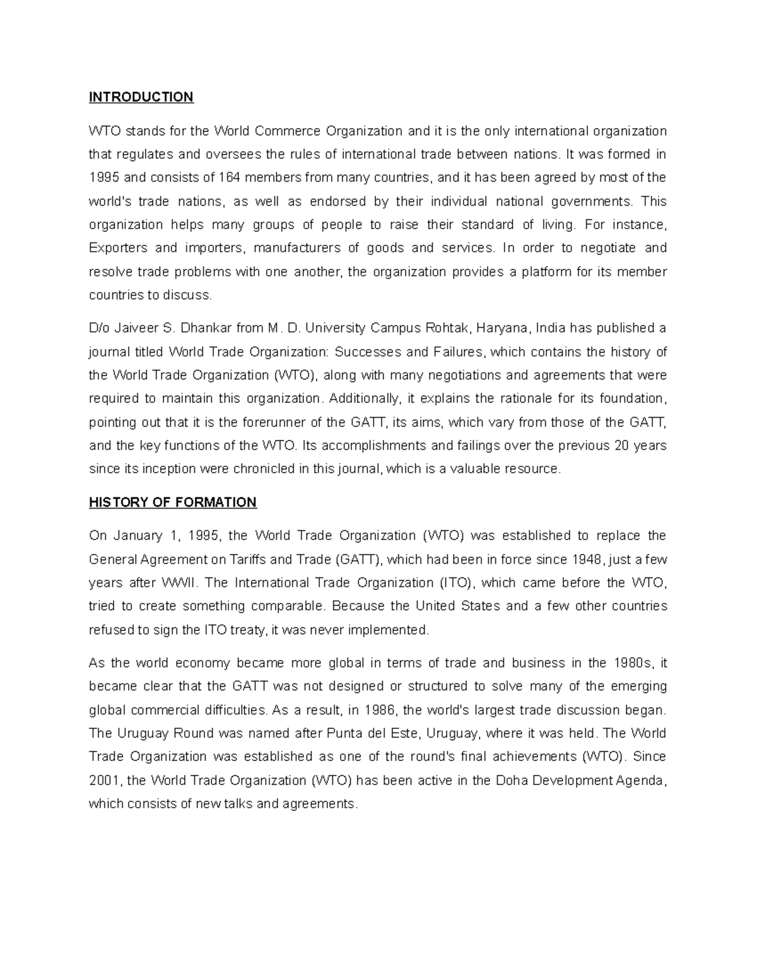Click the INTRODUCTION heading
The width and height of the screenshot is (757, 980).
141,97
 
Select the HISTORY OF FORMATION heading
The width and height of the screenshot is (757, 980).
172,502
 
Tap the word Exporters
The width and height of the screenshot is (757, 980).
118,248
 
